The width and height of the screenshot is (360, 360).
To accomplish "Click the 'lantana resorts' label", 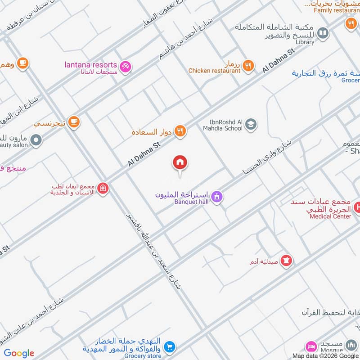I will [91, 65].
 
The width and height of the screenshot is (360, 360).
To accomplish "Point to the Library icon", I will [322, 33].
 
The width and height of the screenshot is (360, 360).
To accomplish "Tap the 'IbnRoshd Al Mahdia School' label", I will [226, 125].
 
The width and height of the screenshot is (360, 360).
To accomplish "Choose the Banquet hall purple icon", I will [217, 197].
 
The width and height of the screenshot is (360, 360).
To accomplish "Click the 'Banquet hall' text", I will [191, 202].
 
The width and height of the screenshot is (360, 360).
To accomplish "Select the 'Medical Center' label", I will [330, 216].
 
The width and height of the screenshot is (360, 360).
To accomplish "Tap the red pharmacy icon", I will [286, 260].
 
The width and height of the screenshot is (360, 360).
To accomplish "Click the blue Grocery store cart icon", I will [169, 346].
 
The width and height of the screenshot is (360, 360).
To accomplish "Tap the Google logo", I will [19, 353].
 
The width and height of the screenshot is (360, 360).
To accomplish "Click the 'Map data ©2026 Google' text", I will [325, 355].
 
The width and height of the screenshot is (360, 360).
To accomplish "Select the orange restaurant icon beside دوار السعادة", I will [180, 131].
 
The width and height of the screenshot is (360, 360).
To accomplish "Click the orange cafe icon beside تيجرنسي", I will [74, 121].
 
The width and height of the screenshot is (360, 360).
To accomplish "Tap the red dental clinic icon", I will [103, 188].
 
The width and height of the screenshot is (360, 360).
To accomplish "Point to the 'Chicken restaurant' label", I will [214, 71].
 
